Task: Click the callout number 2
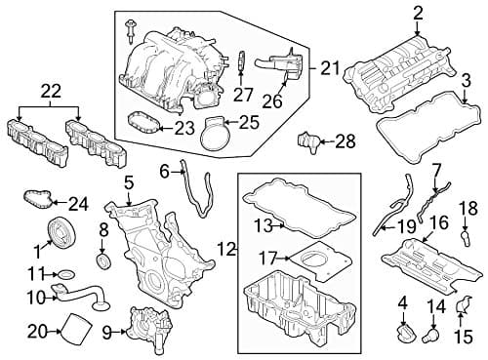(418, 13)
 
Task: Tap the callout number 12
(226, 250)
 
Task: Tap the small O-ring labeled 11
(64, 276)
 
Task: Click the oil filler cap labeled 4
(402, 336)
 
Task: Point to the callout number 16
(439, 222)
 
